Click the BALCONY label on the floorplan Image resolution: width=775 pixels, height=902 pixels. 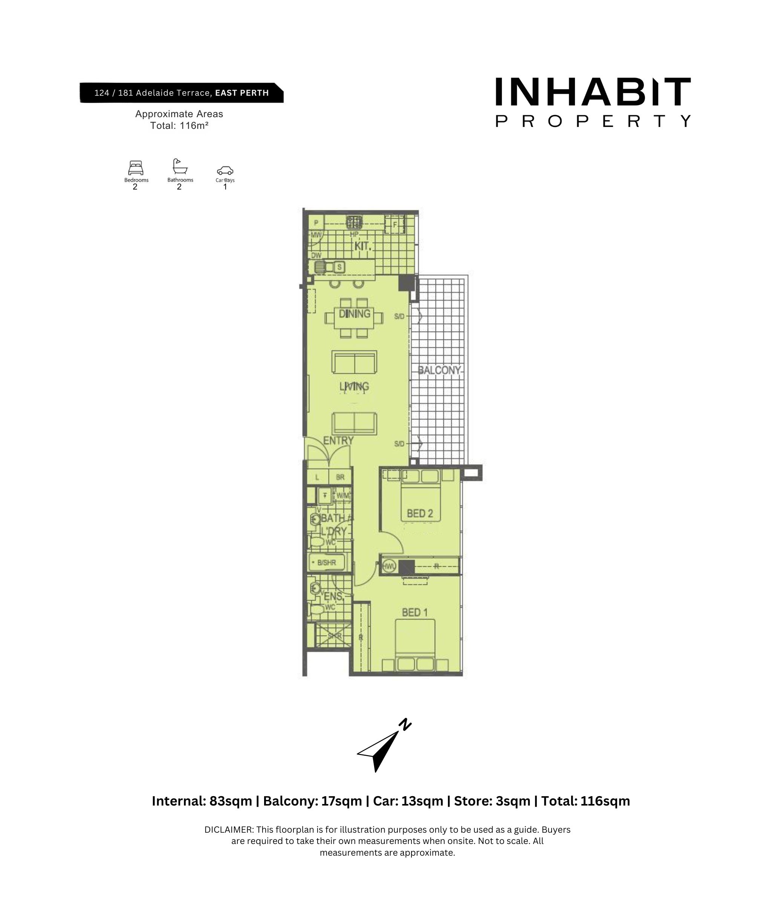(x=439, y=370)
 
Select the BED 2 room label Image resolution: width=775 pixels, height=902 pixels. (x=420, y=514)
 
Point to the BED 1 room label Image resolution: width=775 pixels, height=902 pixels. (x=414, y=613)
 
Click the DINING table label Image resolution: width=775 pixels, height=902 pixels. (x=355, y=313)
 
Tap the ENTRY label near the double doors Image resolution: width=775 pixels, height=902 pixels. (x=338, y=440)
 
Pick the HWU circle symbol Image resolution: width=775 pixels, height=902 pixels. (x=389, y=566)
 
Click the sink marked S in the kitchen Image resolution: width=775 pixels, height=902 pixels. (x=339, y=267)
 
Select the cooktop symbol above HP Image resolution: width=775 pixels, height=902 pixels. (x=354, y=223)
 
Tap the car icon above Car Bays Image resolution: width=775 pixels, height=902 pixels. (x=225, y=171)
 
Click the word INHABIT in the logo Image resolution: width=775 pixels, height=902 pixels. (x=593, y=92)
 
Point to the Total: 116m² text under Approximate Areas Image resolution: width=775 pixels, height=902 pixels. (x=179, y=126)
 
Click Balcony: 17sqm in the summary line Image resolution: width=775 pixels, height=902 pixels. (x=312, y=801)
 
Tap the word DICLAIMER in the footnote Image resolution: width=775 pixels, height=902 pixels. (x=228, y=830)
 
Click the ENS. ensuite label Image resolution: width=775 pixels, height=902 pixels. (x=333, y=596)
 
